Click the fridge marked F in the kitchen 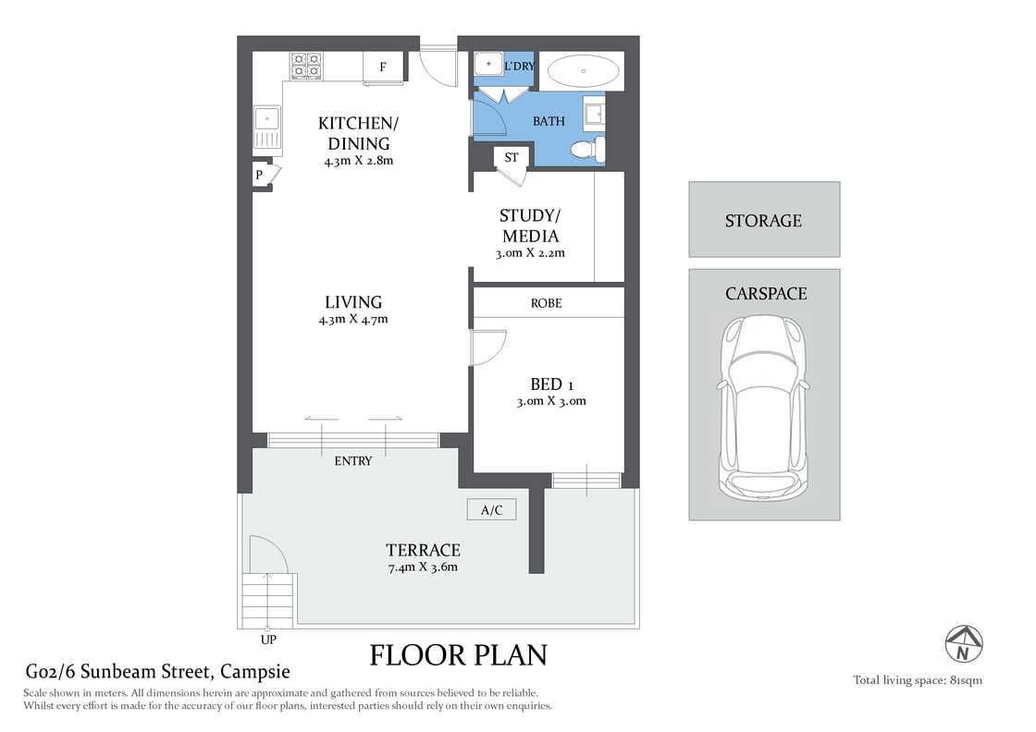(382, 67)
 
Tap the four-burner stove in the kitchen (306, 66)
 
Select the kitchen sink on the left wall (266, 127)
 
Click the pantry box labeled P (260, 175)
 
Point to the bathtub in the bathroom (584, 71)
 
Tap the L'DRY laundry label (519, 67)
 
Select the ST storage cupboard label (511, 158)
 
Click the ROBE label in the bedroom (546, 303)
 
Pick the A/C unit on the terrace (491, 509)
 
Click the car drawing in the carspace (764, 407)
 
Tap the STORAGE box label (763, 221)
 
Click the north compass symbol (964, 643)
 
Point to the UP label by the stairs (268, 639)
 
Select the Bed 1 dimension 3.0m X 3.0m (551, 401)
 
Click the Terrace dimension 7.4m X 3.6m (425, 567)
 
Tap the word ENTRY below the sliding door (352, 460)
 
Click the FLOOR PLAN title (458, 655)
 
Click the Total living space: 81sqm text (917, 680)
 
